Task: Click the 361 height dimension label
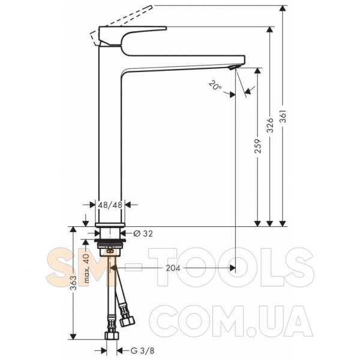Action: (x=284, y=116)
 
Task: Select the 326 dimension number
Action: (x=271, y=125)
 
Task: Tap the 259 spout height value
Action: (x=258, y=146)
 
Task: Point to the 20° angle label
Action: (x=215, y=85)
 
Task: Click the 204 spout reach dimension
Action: (x=173, y=268)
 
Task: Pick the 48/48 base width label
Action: (x=110, y=205)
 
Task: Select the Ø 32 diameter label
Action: (x=143, y=234)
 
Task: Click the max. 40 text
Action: (x=86, y=268)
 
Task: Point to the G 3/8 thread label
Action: (x=142, y=350)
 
